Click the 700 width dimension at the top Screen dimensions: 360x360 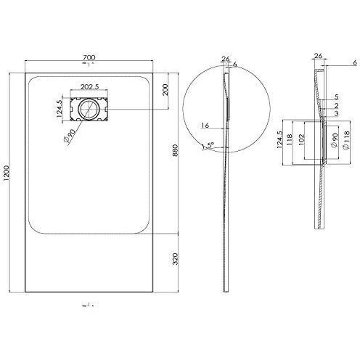click(x=89, y=57)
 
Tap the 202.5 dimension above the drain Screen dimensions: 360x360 click(x=90, y=87)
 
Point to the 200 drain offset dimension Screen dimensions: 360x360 click(x=165, y=90)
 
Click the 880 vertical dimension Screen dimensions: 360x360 click(x=176, y=150)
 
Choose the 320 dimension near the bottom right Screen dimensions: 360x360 click(x=176, y=258)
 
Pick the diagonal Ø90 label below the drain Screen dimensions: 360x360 click(x=70, y=136)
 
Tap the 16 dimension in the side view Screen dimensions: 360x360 click(x=205, y=126)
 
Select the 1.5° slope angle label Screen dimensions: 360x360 click(x=208, y=145)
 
